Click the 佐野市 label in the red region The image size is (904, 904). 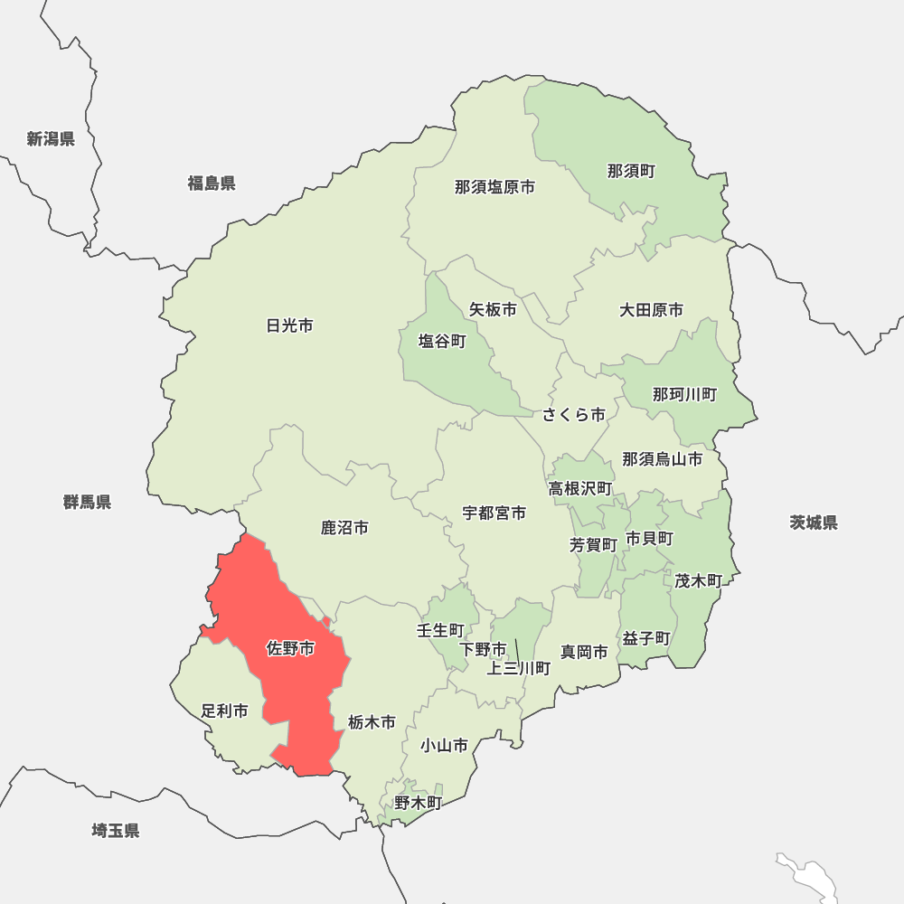[290, 648]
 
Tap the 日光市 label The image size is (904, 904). [290, 325]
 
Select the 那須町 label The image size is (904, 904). [631, 171]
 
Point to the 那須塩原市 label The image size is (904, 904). [494, 187]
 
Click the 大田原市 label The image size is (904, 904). [651, 310]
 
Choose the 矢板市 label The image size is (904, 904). [493, 309]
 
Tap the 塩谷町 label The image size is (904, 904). [442, 342]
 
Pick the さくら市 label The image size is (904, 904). [574, 415]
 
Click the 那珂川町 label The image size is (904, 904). [684, 394]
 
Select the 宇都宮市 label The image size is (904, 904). [494, 513]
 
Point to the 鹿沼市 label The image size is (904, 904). [344, 527]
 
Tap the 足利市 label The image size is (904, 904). [224, 711]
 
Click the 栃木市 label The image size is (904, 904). [372, 722]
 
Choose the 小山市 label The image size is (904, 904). [444, 746]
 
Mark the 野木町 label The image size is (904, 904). [418, 802]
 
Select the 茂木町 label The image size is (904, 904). [698, 580]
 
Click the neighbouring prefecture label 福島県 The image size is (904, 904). [212, 184]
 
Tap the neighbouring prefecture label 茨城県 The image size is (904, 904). [813, 523]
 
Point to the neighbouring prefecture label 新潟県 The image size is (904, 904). [51, 138]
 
